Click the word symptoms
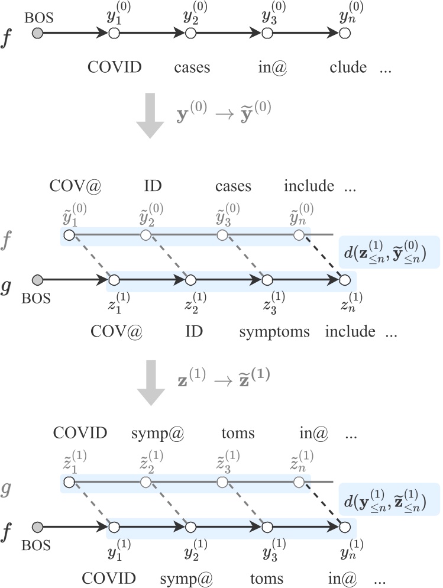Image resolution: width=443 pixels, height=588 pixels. tap(274, 331)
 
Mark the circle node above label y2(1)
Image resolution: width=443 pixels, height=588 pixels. tap(190, 525)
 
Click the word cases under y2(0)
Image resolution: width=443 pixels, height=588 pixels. tap(192, 67)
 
